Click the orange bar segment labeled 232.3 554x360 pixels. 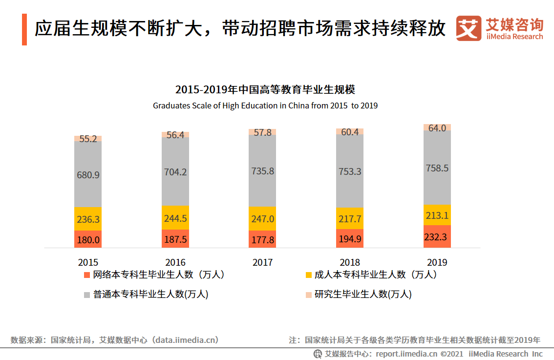(x=437, y=237)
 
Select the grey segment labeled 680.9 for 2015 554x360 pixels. (x=88, y=174)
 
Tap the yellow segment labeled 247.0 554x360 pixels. (x=262, y=219)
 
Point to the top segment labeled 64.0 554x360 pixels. (x=437, y=128)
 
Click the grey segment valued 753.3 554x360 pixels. (x=350, y=171)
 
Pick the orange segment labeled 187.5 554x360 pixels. (x=175, y=239)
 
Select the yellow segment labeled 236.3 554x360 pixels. (x=88, y=219)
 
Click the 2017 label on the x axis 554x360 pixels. (x=262, y=262)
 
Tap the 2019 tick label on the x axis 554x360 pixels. (x=437, y=262)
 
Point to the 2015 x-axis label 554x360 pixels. (x=88, y=262)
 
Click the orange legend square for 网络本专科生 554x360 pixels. (x=87, y=275)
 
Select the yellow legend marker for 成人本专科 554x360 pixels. (x=308, y=275)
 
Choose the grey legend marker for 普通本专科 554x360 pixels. (x=87, y=295)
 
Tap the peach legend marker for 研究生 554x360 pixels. (x=308, y=295)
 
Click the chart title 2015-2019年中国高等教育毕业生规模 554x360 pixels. (x=265, y=90)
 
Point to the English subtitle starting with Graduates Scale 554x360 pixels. (x=265, y=106)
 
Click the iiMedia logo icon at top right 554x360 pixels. (x=469, y=29)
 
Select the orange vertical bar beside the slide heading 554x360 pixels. (x=24, y=29)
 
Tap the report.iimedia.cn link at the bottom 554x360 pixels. (x=406, y=354)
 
